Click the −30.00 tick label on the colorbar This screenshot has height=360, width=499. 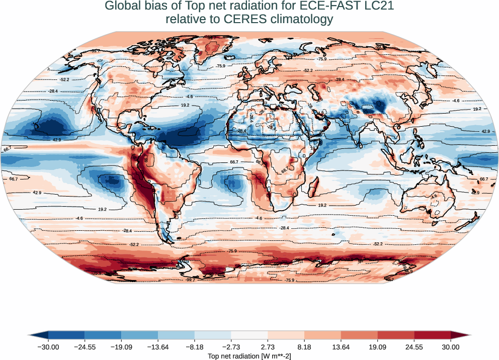coord(48,346)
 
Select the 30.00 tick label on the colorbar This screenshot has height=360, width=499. coord(451,346)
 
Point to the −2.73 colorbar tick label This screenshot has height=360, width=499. coord(231,346)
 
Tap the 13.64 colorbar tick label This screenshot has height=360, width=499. coord(341,346)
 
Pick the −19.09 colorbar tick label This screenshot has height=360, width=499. coord(121,346)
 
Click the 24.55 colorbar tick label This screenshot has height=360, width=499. coord(414,346)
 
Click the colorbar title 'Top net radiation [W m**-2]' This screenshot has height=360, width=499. coord(249,355)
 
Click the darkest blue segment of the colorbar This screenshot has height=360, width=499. coord(66,335)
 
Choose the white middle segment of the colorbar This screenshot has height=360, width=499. coord(249,335)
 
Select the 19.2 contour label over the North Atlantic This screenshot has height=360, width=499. coord(185,105)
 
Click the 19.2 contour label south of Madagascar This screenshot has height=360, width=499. coord(322,205)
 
